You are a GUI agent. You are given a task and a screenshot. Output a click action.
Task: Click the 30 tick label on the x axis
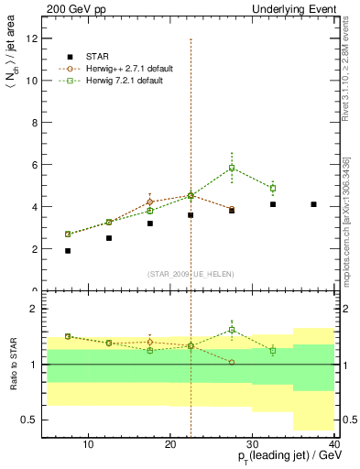tap(253, 445)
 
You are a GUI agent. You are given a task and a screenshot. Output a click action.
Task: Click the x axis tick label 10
tap(88, 445)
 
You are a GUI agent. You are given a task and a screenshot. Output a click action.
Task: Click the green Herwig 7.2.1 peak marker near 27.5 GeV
tap(232, 168)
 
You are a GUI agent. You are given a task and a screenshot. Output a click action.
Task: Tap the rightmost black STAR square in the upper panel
tap(313, 204)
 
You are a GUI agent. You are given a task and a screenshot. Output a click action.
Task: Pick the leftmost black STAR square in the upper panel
tap(68, 250)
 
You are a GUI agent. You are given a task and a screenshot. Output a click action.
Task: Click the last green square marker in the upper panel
tap(273, 189)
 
